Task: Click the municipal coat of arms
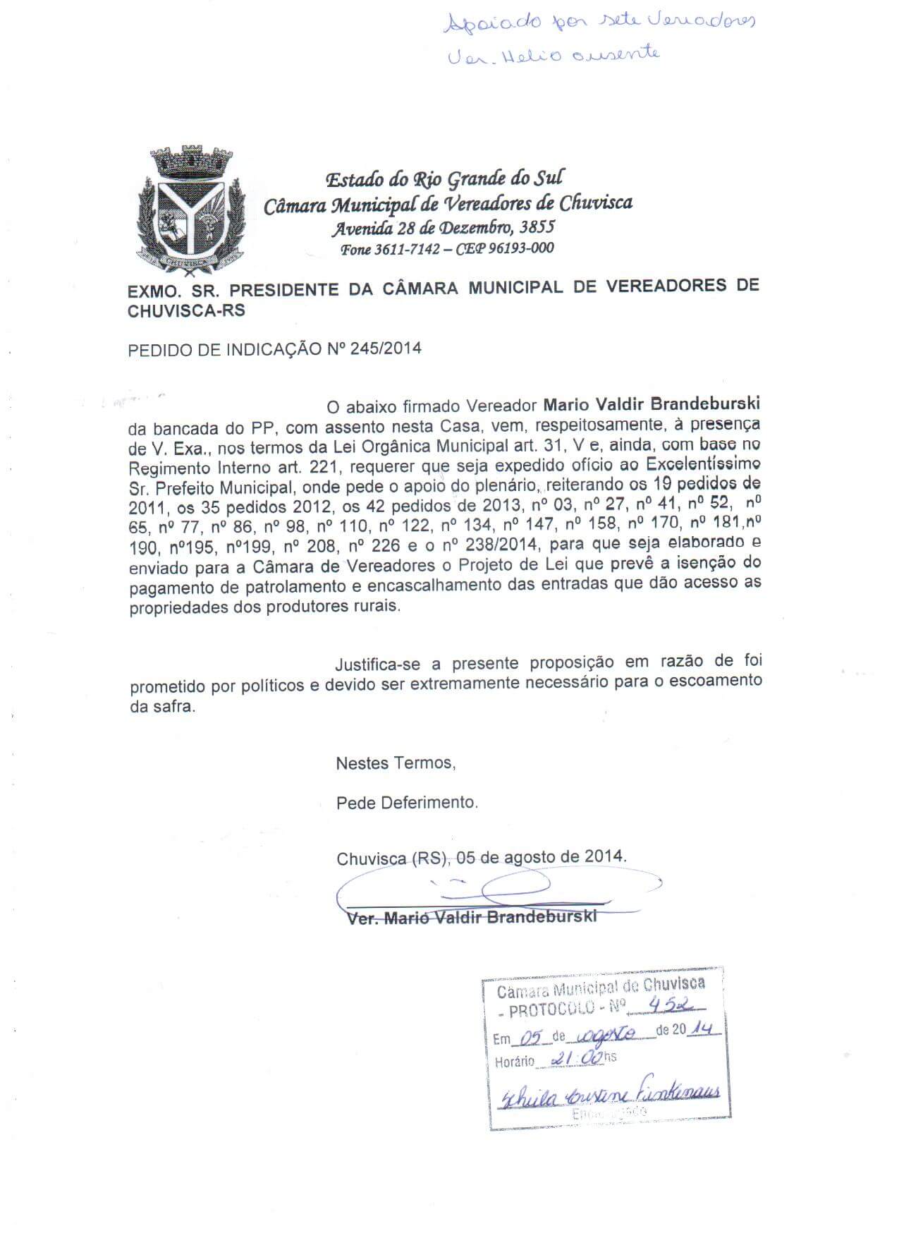[190, 207]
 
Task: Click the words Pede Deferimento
[407, 802]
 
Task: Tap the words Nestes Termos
[396, 763]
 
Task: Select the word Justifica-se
[381, 664]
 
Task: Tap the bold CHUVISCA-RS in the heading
[186, 310]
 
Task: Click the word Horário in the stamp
[514, 1062]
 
